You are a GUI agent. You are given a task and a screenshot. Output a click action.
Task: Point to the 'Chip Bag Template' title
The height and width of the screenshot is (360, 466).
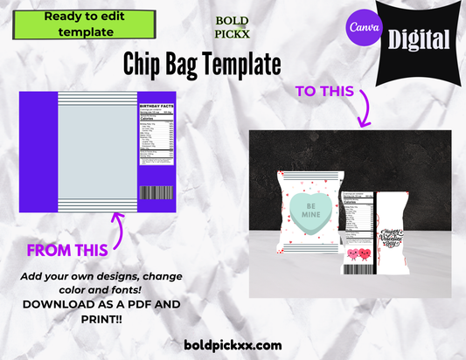click(x=202, y=64)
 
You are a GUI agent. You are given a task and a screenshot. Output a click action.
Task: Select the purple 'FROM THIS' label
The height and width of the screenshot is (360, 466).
click(x=66, y=250)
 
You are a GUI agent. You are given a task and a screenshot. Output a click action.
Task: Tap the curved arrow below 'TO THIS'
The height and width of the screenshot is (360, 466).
click(x=362, y=114)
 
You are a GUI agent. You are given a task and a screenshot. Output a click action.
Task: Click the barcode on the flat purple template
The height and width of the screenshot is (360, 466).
click(x=155, y=192)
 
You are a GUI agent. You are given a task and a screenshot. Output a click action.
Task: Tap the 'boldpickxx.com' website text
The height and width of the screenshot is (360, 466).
click(x=232, y=345)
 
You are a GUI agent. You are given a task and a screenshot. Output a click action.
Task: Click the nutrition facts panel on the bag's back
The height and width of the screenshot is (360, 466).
click(x=355, y=214)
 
